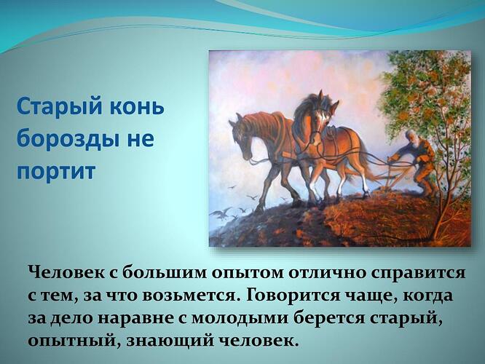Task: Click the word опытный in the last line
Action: point(67,341)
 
